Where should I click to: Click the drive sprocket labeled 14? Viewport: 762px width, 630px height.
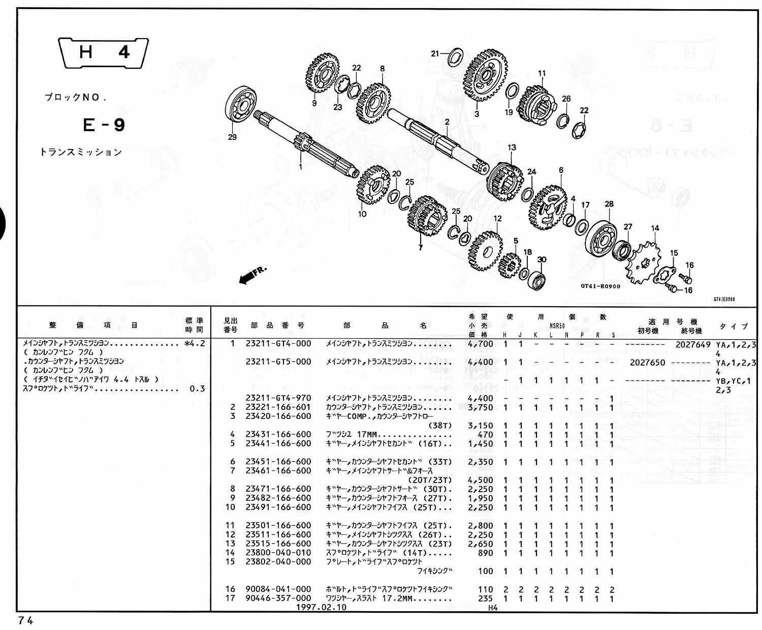642,264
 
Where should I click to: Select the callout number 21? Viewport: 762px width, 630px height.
435,54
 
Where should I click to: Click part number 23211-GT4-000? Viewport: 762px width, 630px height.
278,344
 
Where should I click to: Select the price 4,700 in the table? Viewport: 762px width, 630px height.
480,344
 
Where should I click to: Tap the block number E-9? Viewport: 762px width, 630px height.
103,125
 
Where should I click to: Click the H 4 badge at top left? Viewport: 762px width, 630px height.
104,52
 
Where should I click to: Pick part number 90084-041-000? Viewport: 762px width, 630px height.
278,589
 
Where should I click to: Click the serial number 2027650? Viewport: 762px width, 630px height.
647,363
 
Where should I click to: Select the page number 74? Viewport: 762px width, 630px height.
26,620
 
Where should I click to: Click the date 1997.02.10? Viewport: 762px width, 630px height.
322,607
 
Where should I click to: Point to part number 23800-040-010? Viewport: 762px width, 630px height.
278,553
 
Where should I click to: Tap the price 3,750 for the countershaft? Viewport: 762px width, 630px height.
480,407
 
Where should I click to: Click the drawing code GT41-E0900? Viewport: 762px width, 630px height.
600,286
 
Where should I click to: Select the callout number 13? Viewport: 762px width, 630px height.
512,147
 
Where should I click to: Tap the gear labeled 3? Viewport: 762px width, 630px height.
484,76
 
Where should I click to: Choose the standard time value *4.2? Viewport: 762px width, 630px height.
195,344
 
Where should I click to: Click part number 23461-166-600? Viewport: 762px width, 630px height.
278,471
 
